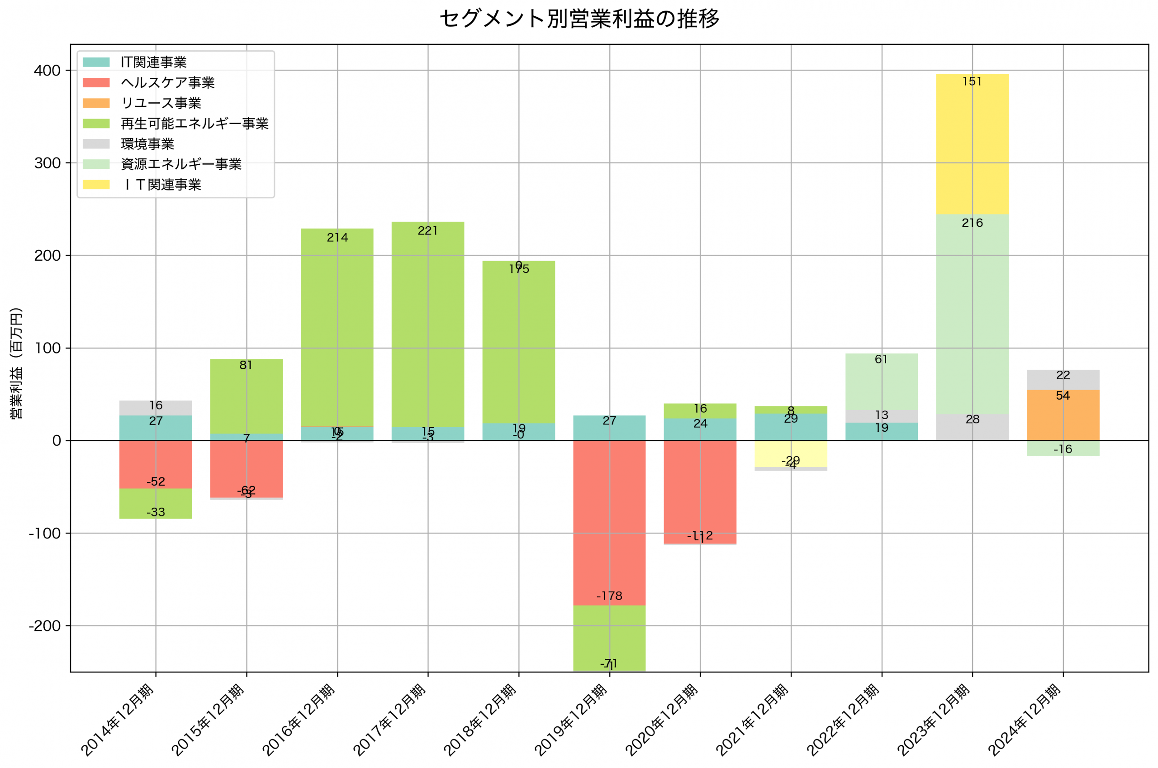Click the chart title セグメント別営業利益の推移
point(579,19)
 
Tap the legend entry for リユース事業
point(161,103)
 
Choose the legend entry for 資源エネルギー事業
point(181,164)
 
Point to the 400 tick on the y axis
point(47,71)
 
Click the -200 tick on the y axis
point(44,626)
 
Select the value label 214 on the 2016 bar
point(337,238)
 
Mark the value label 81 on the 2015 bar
point(246,365)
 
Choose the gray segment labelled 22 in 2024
point(1063,380)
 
